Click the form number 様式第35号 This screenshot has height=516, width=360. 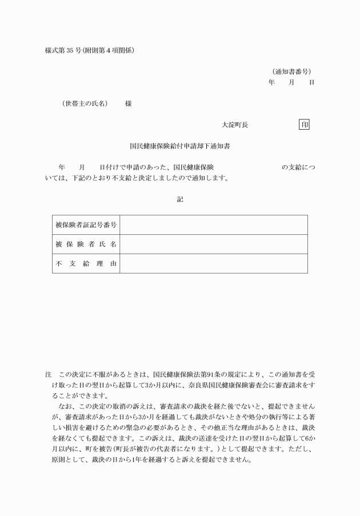click(63, 50)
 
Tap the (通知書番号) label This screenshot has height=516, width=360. click(291, 71)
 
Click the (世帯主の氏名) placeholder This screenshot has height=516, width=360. click(85, 103)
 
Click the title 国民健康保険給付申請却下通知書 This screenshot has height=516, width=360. click(180, 146)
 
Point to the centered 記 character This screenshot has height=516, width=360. click(180, 199)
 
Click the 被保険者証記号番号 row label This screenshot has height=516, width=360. click(86, 225)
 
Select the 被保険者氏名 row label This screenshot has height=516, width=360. click(86, 245)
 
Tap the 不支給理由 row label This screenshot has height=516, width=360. click(86, 263)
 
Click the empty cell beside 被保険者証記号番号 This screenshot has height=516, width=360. click(213, 225)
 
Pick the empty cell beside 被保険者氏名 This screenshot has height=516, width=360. click(213, 245)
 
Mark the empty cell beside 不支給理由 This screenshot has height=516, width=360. click(213, 263)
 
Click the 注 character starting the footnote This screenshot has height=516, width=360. click(49, 375)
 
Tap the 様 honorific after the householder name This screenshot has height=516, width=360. click(129, 103)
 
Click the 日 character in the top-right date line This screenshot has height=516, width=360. click(311, 82)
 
